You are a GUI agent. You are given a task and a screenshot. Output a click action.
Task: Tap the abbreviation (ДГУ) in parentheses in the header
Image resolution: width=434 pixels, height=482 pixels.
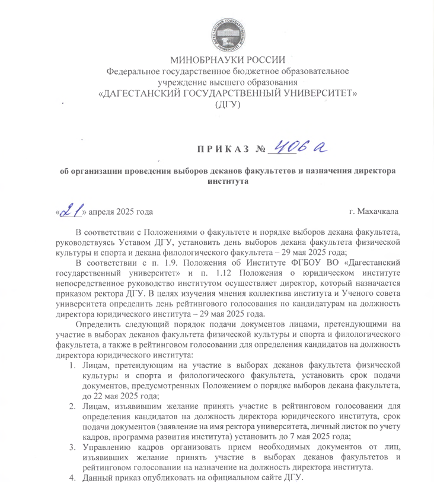click(228, 105)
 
